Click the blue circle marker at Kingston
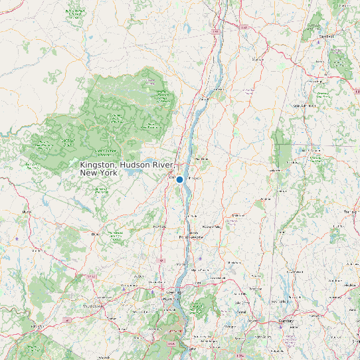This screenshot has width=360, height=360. pyautogui.click(x=179, y=179)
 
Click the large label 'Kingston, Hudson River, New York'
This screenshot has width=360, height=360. pyautogui.click(x=126, y=168)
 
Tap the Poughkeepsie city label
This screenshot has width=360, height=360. pyautogui.click(x=191, y=236)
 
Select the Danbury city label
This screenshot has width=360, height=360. pyautogui.click(x=286, y=321)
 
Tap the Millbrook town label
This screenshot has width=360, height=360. pyautogui.click(x=233, y=216)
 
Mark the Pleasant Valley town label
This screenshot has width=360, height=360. pyautogui.click(x=212, y=227)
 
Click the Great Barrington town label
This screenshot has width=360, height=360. pyautogui.click(x=304, y=106)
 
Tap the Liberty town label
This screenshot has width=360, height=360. pyautogui.click(x=27, y=212)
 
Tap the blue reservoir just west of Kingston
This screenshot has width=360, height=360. pyautogui.click(x=133, y=171)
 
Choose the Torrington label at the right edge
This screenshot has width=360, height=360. pyautogui.click(x=350, y=212)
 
